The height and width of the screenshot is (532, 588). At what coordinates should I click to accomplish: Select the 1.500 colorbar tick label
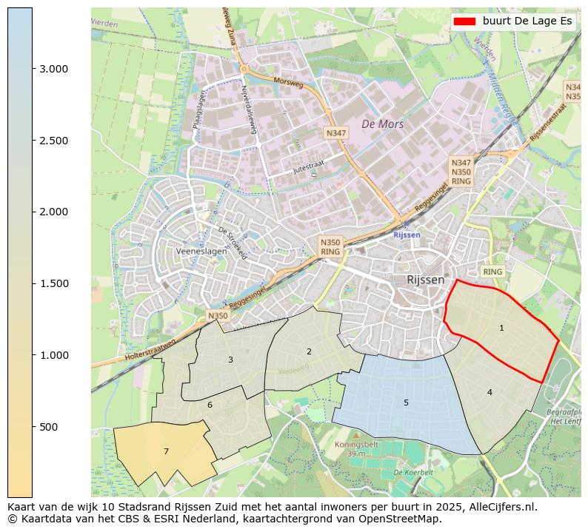click(x=53, y=284)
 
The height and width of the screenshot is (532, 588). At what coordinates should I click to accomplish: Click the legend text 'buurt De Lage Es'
click(x=527, y=21)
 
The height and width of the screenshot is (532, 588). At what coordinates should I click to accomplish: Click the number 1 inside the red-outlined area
click(x=501, y=328)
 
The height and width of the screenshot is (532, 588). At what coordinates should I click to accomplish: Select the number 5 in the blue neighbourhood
click(x=406, y=403)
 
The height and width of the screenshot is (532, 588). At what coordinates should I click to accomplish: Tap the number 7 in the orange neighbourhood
click(x=166, y=451)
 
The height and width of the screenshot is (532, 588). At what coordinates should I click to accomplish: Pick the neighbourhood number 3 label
click(x=230, y=360)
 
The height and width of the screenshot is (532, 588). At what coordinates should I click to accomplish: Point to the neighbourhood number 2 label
click(x=309, y=351)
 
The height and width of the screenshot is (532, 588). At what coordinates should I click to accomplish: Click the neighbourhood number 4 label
click(x=490, y=392)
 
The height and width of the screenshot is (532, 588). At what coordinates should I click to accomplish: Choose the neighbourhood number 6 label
click(x=210, y=405)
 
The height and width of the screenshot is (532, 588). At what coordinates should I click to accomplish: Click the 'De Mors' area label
click(x=382, y=124)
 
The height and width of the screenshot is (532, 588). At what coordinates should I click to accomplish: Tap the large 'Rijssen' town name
click(x=426, y=280)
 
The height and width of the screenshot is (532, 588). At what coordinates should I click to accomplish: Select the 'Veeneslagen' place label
click(x=201, y=252)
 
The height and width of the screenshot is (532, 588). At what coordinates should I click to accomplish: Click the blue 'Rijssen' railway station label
click(x=407, y=235)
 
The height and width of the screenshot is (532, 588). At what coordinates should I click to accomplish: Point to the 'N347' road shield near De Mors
click(x=335, y=132)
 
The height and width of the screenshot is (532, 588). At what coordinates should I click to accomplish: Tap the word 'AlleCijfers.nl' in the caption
click(x=500, y=508)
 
